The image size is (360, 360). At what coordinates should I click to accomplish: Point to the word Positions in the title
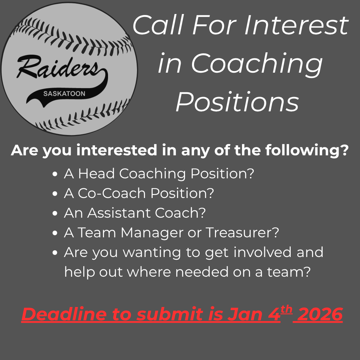coord(237,101)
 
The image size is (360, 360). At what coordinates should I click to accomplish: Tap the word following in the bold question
coord(307,150)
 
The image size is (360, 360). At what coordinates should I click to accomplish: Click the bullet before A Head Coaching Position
coord(55,174)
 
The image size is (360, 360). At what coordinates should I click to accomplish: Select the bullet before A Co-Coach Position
coord(55,194)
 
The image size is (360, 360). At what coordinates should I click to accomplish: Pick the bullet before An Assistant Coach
coord(55,213)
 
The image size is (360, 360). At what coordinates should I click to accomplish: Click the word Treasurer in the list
coord(242,232)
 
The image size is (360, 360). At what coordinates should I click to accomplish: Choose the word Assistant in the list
coord(119,213)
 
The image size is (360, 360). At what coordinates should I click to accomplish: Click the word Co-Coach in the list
coord(112,193)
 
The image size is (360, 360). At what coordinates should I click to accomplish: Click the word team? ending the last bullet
coord(289,272)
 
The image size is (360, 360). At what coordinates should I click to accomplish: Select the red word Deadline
coord(64,314)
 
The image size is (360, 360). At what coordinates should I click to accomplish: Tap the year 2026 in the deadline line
coord(318,314)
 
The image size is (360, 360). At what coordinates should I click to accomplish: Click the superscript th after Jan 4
coord(286,310)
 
